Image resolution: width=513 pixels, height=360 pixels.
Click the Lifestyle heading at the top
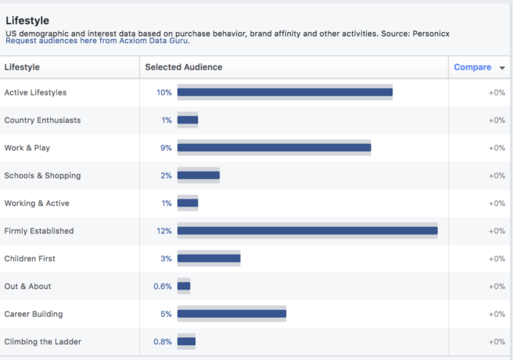pos(29,20)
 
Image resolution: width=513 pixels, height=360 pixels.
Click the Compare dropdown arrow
pos(501,68)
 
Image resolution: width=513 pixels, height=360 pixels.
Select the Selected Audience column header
pos(184,67)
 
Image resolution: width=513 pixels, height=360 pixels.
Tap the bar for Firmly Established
pos(307,231)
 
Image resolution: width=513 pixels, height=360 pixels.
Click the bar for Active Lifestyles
pos(285,92)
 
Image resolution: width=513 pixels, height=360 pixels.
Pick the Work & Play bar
pos(274,148)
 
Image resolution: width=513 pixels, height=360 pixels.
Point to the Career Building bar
pos(231,314)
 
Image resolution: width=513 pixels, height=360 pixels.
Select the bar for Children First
pos(209,258)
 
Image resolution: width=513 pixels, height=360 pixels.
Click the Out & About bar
pos(184,286)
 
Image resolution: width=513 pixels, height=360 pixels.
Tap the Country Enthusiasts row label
pos(42,121)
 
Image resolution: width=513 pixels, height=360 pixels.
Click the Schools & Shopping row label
pos(42,175)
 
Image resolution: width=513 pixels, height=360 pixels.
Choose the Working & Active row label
pos(37,203)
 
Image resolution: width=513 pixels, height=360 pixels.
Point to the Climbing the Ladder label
pos(42,342)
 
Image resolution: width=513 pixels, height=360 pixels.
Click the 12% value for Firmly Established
pos(163,231)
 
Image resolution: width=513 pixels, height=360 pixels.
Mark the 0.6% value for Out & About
pos(162,286)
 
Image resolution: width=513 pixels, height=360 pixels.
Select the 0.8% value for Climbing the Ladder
pos(162,342)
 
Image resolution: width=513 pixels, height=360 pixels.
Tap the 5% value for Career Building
pos(166,314)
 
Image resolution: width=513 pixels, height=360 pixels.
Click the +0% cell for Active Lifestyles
pos(497,92)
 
